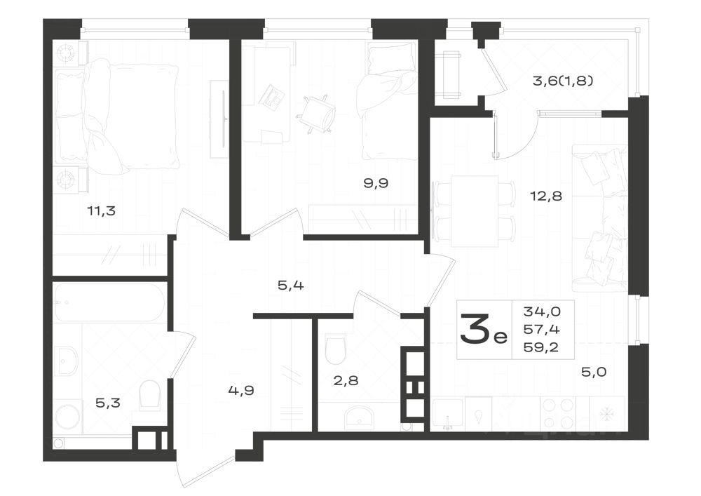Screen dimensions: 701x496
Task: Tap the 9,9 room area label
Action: tap(375, 183)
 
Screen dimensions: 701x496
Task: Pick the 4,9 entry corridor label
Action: tap(240, 390)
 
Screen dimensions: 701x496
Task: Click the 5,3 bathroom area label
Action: tap(109, 403)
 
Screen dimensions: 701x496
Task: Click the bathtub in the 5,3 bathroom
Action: tap(109, 302)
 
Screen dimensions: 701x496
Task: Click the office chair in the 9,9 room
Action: tap(316, 112)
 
